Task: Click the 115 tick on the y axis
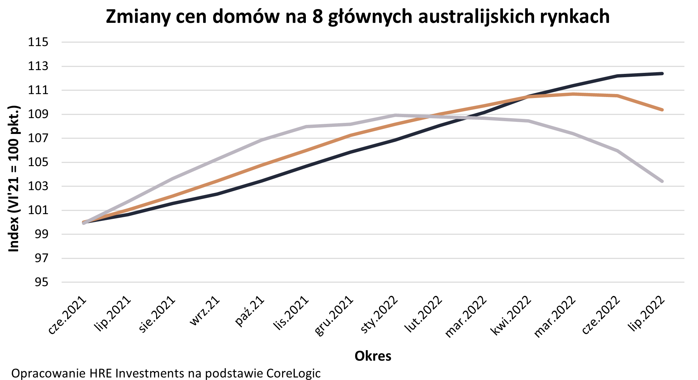(x=38, y=42)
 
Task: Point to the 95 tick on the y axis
(x=42, y=282)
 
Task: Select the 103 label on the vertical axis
(x=38, y=186)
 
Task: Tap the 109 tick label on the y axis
(x=38, y=114)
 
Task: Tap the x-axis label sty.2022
(x=379, y=315)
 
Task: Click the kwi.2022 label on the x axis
(x=511, y=315)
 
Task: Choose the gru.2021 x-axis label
(x=334, y=316)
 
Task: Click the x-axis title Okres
(x=373, y=356)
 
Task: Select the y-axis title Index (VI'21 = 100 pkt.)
(x=14, y=179)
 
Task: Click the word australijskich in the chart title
(x=476, y=16)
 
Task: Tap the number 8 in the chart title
(x=317, y=16)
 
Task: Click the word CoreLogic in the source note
(x=293, y=373)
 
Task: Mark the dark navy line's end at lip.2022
(x=662, y=74)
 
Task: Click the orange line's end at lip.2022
(x=662, y=110)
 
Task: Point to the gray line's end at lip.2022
(x=662, y=181)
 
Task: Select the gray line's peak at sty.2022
(x=396, y=115)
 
